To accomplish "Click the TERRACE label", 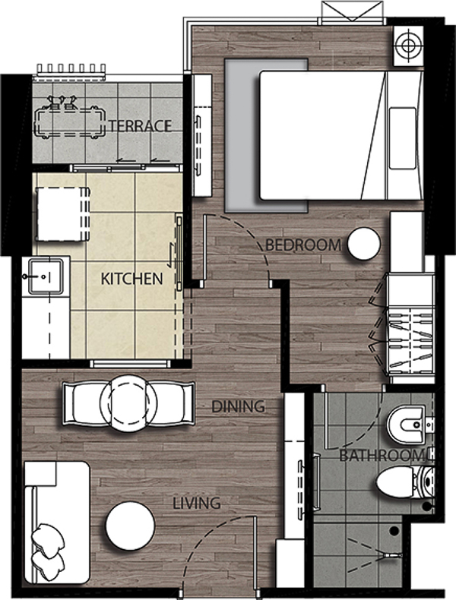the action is pos(141,125).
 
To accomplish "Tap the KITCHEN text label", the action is pos(131,279).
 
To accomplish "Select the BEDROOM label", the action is pos(303,245).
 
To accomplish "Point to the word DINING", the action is pos(238,406).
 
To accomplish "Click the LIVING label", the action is pos(197,504).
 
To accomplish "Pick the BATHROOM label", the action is pos(382,456).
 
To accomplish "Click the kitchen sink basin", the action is pos(46,276).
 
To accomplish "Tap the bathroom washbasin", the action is pos(407,424).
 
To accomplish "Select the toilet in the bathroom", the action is pos(405,482).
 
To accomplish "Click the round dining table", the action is pos(128,403).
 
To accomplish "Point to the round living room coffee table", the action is pos(130,526).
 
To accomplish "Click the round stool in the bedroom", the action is pos(364,244).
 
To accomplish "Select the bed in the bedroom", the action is pos(341,135).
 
